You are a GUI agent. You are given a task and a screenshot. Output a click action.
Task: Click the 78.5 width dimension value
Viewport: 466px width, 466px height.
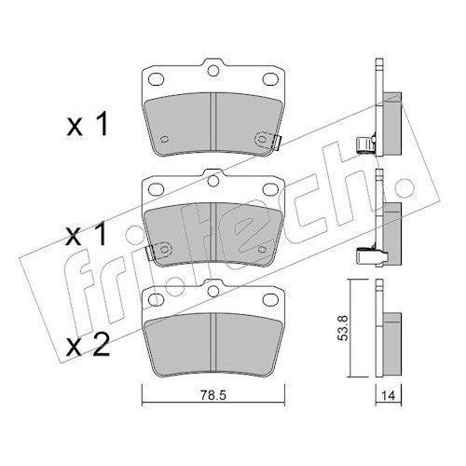click(213, 395)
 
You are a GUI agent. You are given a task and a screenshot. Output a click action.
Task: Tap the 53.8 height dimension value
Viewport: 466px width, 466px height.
click(343, 328)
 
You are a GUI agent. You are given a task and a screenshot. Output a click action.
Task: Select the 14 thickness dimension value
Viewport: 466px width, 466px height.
click(389, 396)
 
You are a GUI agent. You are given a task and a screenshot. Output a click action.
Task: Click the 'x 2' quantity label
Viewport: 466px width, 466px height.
click(89, 345)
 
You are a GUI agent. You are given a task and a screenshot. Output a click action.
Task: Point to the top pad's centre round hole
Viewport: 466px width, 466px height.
click(213, 71)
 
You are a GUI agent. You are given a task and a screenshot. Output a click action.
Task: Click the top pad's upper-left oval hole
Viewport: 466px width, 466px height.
click(156, 79)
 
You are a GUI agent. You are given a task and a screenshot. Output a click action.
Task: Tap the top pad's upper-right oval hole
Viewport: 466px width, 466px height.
click(270, 79)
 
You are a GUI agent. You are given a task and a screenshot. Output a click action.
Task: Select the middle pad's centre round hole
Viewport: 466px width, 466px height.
click(213, 181)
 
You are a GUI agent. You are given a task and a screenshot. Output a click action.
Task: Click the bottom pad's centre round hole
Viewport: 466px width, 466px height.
click(213, 291)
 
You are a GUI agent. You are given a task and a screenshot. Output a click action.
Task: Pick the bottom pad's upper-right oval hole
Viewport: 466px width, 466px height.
click(270, 299)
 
